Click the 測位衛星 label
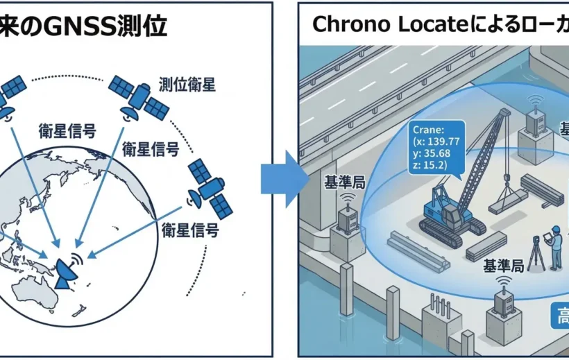pyautogui.click(x=187, y=85)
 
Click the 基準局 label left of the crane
pyautogui.click(x=345, y=182)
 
